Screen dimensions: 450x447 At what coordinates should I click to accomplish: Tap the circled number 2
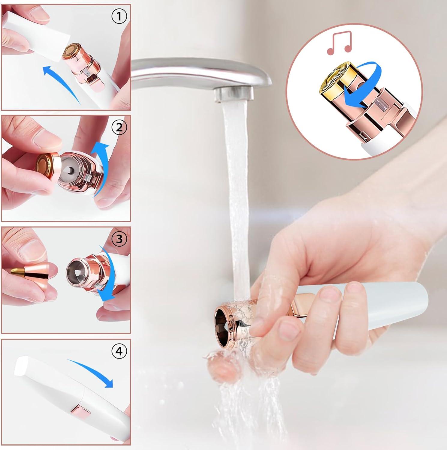click(119, 128)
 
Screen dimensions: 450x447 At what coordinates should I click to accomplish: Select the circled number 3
click(119, 239)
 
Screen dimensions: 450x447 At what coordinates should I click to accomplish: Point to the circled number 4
click(119, 351)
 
